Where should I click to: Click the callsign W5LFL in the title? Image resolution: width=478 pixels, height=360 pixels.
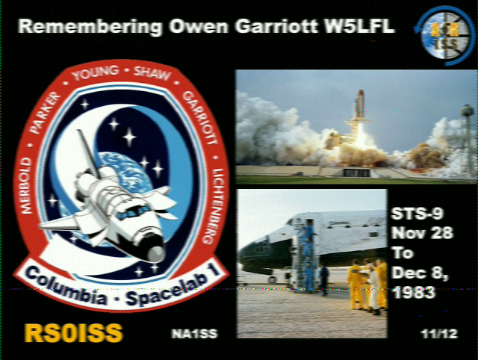click(358, 26)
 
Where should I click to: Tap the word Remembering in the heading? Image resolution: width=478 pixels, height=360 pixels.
click(90, 27)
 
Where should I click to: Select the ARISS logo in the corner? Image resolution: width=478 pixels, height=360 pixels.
click(444, 36)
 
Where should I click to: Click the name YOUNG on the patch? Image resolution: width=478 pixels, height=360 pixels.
click(96, 73)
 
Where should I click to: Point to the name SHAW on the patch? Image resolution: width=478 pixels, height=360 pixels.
click(152, 74)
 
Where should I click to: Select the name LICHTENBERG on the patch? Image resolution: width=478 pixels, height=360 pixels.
click(214, 206)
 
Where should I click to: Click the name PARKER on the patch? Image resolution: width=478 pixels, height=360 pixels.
click(45, 112)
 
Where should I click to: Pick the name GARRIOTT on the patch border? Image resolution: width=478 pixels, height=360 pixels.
click(199, 117)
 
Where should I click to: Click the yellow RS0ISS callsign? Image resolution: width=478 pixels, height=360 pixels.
click(73, 333)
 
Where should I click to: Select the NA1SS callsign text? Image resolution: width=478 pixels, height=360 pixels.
click(194, 334)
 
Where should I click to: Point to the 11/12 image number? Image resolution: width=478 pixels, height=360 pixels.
click(439, 334)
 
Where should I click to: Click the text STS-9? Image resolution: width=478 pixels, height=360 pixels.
click(417, 214)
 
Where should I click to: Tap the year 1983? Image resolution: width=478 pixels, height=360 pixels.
click(413, 293)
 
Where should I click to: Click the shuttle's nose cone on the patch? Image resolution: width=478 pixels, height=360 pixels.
click(155, 253)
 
